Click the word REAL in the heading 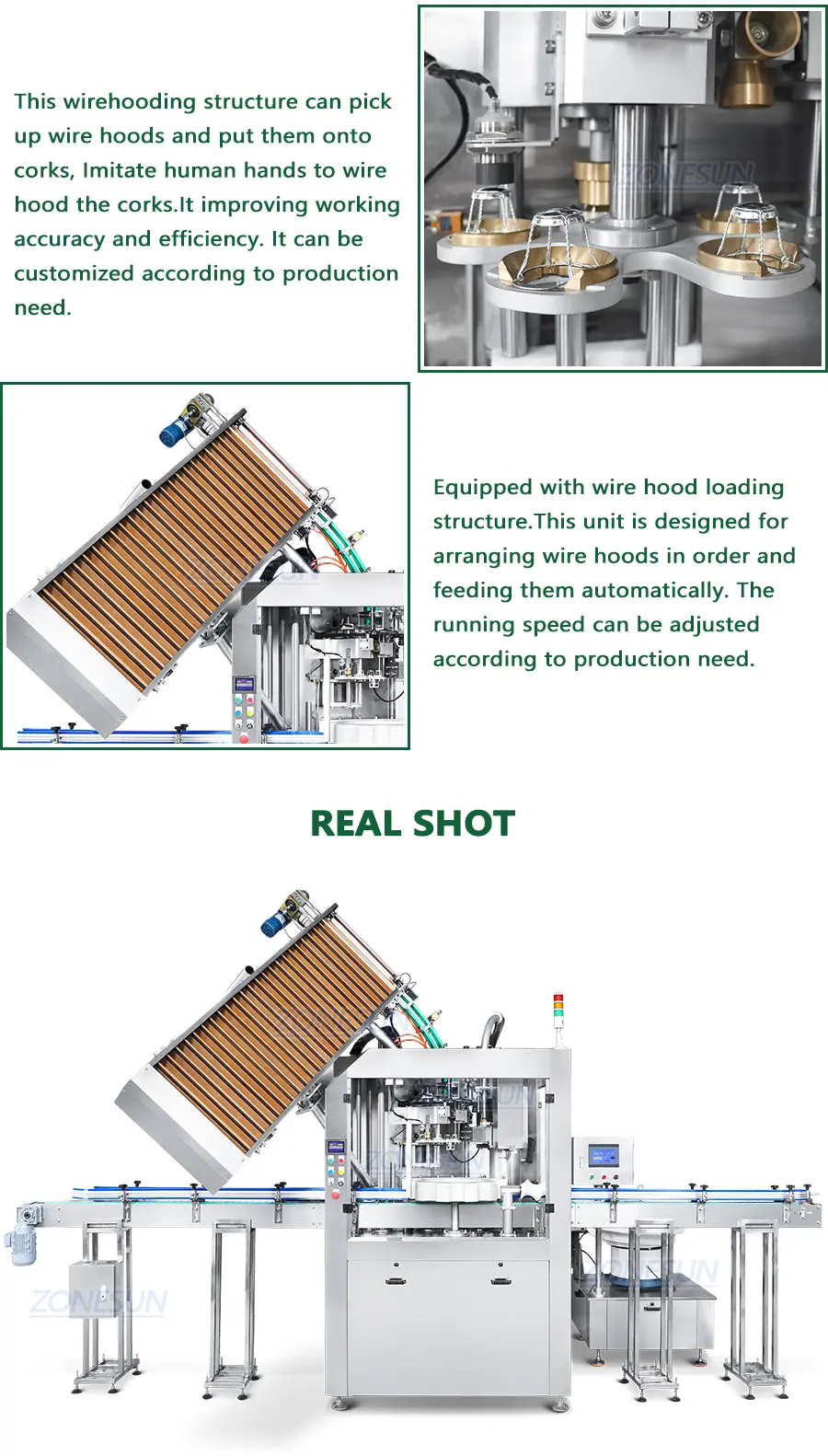point(355,824)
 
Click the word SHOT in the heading point(464,824)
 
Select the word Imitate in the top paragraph point(120,170)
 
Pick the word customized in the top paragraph point(75,273)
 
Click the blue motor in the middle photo point(174,431)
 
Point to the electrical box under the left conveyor point(95,1284)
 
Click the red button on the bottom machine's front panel point(336,1195)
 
